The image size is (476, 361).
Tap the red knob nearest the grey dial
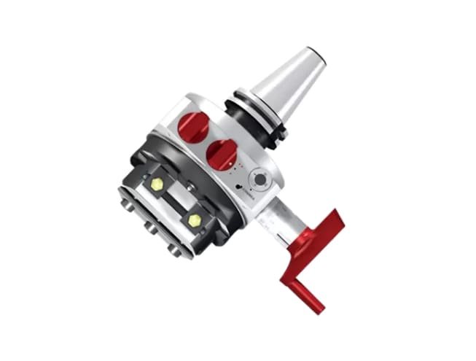(x=222, y=154)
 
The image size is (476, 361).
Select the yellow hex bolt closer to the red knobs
(x=157, y=185)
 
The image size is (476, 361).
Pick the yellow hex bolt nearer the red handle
(x=195, y=219)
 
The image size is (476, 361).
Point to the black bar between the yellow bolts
(x=175, y=201)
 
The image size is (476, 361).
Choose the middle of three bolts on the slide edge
(x=151, y=229)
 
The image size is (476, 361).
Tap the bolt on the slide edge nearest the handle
(x=173, y=249)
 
